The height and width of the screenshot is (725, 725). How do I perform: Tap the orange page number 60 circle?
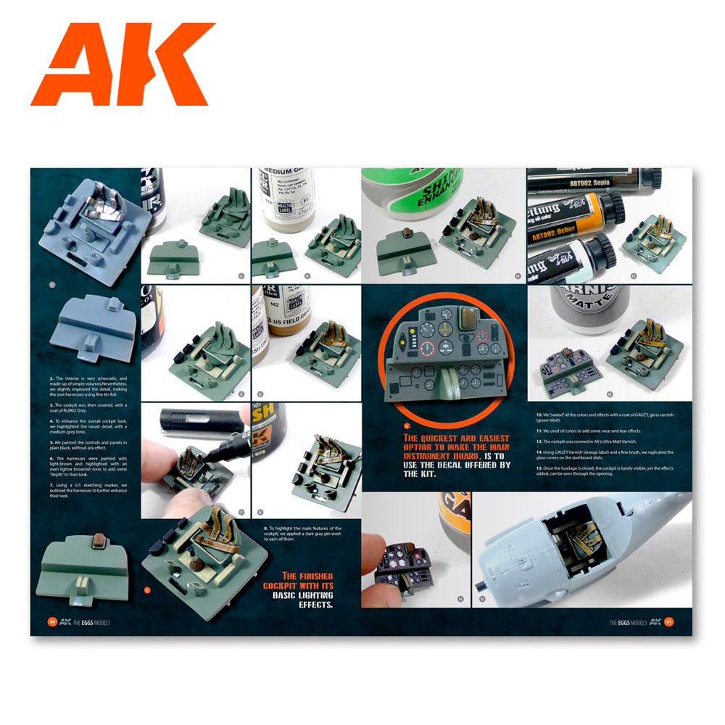pyautogui.click(x=51, y=621)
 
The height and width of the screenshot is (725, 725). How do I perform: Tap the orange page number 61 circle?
pyautogui.click(x=669, y=621)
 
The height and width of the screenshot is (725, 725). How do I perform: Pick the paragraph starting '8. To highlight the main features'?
pyautogui.click(x=303, y=533)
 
